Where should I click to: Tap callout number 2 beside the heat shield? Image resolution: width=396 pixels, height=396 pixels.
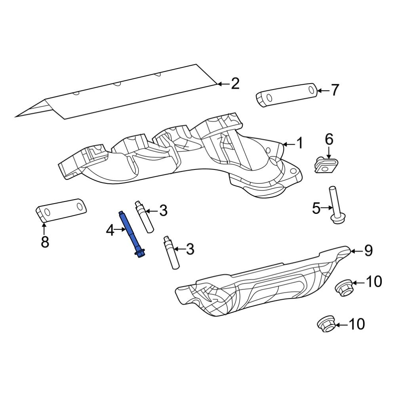(x=235, y=84)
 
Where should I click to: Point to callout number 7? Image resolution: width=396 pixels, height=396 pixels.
(x=335, y=91)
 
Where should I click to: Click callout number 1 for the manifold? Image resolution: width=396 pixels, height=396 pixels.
(x=300, y=143)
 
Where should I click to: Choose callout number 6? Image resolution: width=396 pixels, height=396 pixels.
(x=329, y=139)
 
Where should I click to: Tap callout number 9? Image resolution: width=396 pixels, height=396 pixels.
(x=368, y=251)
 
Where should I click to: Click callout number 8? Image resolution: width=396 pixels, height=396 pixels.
(x=45, y=241)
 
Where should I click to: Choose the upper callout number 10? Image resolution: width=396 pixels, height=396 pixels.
(x=373, y=282)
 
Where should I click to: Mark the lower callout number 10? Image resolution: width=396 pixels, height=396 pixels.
(x=356, y=325)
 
